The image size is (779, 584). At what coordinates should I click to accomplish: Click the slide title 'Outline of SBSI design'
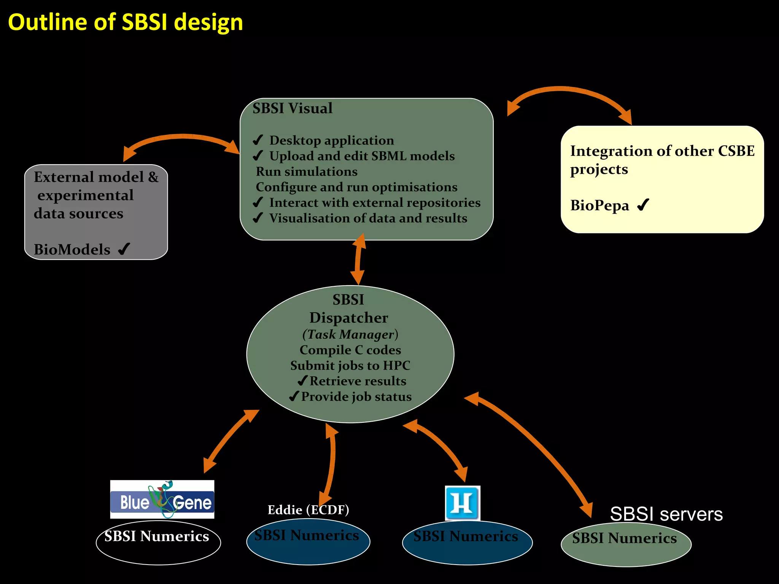point(125,22)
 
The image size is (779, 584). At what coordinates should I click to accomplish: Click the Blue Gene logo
point(162,500)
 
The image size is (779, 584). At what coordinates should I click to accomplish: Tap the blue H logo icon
point(463,503)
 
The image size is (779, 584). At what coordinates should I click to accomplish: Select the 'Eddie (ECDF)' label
point(308,510)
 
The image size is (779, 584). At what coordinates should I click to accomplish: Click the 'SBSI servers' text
point(666,514)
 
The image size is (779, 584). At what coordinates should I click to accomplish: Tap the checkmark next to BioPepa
point(643,205)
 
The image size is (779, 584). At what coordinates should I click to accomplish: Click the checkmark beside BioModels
point(124,249)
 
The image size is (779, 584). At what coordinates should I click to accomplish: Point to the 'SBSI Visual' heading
point(293,108)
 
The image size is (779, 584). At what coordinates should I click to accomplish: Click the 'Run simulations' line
point(307,171)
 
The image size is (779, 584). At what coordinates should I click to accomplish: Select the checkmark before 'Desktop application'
point(258,140)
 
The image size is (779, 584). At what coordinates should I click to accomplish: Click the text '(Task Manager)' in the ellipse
point(350,334)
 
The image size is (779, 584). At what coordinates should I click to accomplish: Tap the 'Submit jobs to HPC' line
point(350,365)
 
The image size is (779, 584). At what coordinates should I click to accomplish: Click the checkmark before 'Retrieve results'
point(302,381)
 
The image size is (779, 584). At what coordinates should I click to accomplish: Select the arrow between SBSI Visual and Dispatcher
point(358,259)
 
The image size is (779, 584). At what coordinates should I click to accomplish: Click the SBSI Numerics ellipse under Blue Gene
point(158,542)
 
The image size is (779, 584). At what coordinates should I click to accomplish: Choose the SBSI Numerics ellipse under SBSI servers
point(626,544)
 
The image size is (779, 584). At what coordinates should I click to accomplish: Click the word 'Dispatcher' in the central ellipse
point(349,318)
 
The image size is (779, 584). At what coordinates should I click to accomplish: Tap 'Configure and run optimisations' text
point(356,187)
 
